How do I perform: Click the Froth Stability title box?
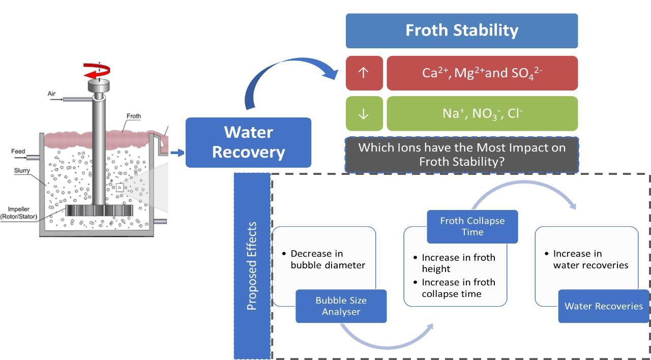[461, 31]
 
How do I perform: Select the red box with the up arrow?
[363, 73]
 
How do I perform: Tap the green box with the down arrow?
[363, 114]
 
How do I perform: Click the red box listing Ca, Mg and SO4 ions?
[482, 73]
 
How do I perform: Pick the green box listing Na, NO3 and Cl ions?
[482, 114]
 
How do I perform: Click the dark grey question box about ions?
[461, 155]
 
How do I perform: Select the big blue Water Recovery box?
[248, 142]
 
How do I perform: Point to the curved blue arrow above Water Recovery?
[285, 76]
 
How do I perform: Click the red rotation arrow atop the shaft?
[99, 71]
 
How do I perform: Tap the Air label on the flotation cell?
[51, 94]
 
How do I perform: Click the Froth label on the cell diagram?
[133, 116]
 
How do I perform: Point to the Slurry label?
[21, 171]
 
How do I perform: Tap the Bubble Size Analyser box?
[341, 306]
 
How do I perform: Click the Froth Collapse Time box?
[472, 226]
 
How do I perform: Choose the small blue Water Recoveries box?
[603, 306]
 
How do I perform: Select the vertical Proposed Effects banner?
[252, 266]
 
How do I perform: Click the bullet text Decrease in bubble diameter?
[328, 259]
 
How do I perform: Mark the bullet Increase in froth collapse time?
[458, 288]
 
